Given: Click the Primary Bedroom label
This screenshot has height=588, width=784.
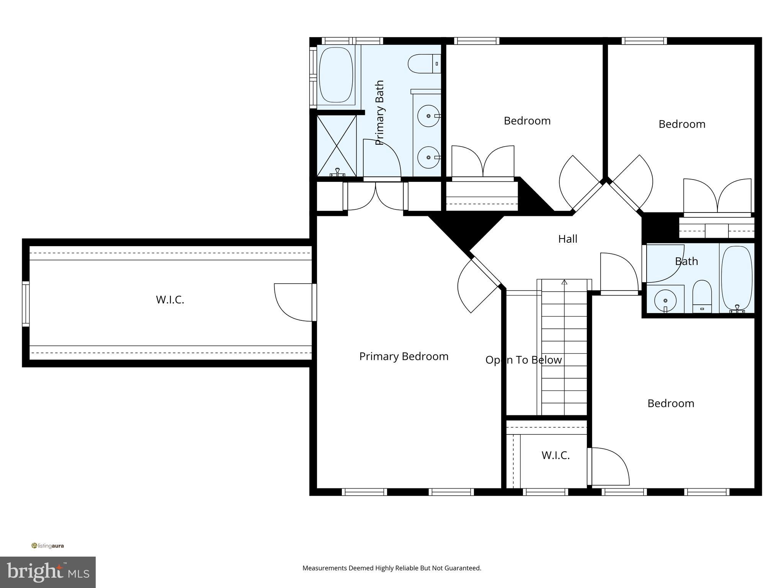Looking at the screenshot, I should (403, 356).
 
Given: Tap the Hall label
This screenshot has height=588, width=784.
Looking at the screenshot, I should (567, 239).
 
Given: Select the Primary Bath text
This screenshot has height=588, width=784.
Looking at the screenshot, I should (379, 113).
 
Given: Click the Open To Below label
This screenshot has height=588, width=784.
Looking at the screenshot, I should (523, 360).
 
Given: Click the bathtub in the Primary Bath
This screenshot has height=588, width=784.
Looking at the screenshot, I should (336, 75).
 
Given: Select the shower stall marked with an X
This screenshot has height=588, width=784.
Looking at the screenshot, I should (336, 146).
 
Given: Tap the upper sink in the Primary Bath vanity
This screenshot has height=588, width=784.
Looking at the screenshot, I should (428, 116).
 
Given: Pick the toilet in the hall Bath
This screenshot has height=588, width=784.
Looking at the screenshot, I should (702, 297).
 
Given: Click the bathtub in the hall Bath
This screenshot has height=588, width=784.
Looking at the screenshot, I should (737, 278).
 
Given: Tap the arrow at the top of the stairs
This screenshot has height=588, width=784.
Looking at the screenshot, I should (564, 283).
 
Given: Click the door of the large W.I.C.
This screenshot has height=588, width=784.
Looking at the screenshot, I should (293, 302).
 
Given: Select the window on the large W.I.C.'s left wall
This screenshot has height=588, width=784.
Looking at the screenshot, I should (26, 303).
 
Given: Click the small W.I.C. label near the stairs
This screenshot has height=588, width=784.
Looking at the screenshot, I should (555, 455).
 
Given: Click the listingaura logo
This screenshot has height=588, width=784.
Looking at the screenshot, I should (47, 546).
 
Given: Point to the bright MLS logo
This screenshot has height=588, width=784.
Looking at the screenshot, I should (47, 572).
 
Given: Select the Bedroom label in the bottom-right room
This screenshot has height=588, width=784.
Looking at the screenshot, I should (670, 403).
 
